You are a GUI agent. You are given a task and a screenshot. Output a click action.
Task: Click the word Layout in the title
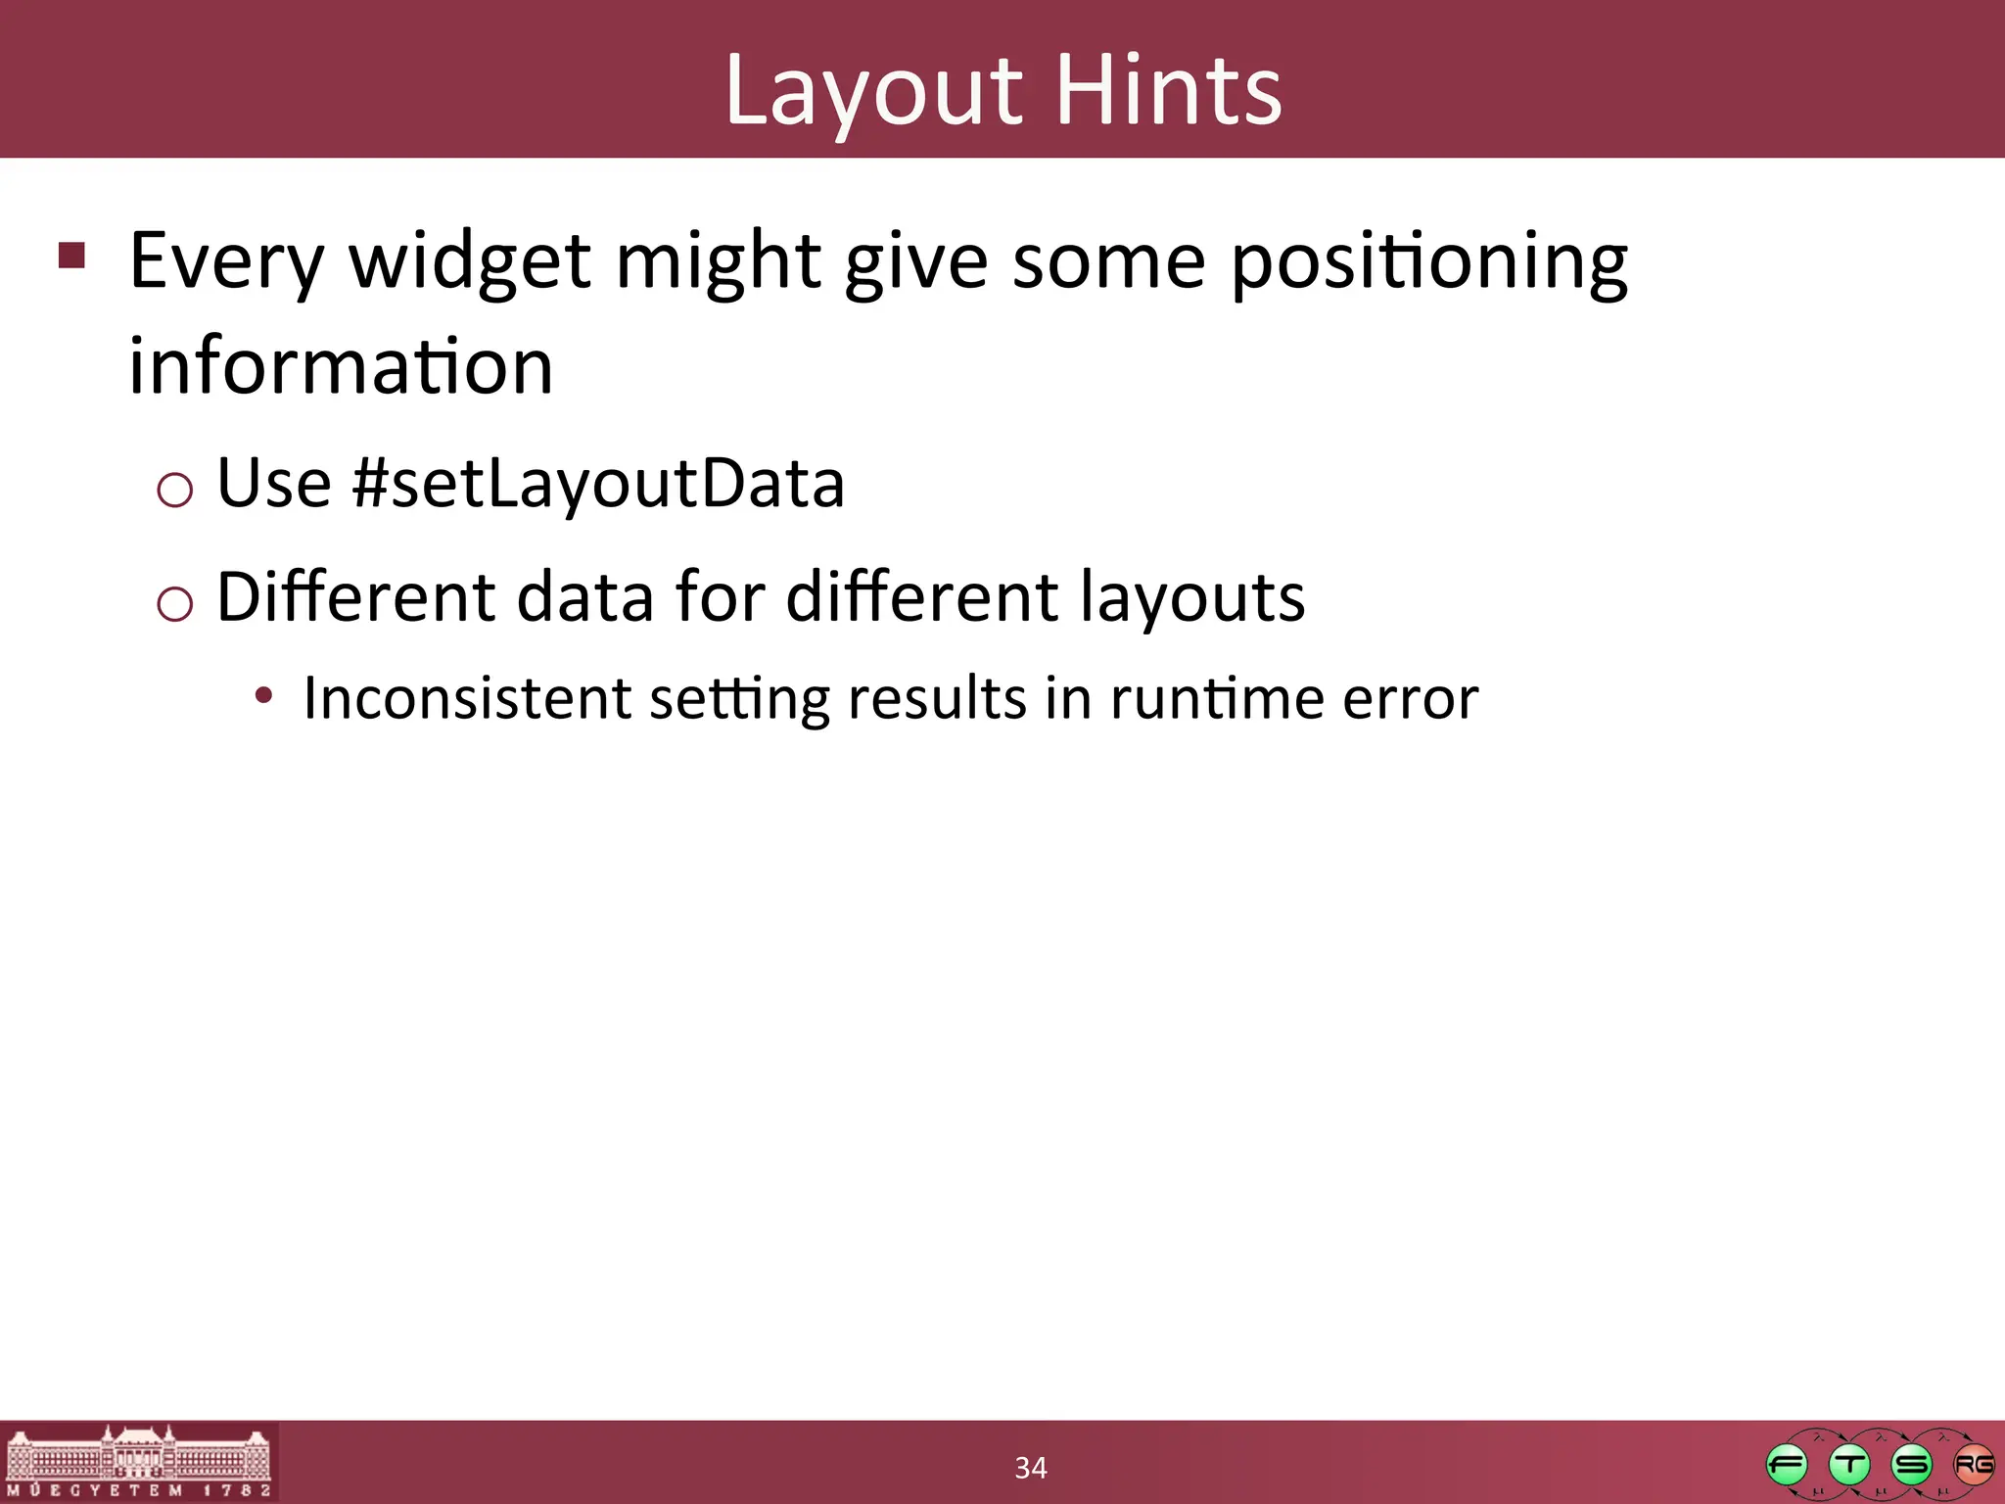point(873,90)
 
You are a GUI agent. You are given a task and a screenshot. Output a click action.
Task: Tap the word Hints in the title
point(1169,90)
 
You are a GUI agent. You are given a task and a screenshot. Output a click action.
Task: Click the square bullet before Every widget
point(72,256)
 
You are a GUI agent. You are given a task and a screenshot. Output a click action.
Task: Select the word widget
point(470,262)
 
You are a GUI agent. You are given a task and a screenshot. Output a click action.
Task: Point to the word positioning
point(1428,262)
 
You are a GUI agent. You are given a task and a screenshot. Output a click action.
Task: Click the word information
point(341,366)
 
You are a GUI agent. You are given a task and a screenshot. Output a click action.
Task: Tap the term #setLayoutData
point(598,483)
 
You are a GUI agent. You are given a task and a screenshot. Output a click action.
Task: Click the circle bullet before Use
point(174,489)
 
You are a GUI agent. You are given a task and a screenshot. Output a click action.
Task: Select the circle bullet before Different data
point(174,603)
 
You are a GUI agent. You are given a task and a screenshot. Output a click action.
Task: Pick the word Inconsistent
point(467,698)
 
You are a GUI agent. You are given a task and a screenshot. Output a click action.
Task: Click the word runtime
point(1217,699)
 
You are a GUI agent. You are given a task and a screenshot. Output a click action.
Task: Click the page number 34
point(1030,1468)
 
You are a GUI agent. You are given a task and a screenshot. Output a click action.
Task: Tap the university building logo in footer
point(138,1461)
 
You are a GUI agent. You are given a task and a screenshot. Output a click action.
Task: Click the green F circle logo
point(1787,1466)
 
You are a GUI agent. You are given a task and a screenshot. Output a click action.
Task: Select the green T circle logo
point(1849,1466)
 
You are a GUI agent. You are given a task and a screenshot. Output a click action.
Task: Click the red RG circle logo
point(1974,1466)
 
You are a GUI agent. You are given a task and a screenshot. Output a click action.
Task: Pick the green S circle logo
point(1912,1466)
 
